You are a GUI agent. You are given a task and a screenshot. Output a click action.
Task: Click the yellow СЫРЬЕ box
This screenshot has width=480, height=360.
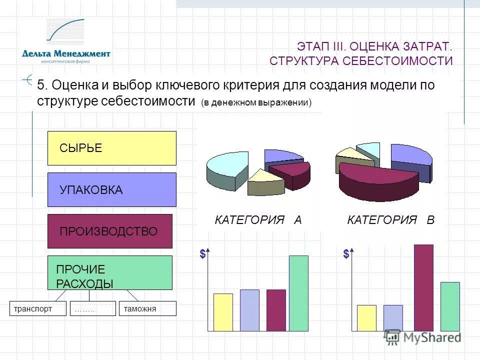[111, 148]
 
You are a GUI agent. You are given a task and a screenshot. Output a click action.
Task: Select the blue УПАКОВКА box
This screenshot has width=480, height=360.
[111, 189]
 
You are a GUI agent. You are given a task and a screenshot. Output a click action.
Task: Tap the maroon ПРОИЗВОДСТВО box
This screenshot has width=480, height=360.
[109, 231]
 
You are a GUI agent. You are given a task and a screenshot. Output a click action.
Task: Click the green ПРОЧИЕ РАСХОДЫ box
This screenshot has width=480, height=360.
[109, 272]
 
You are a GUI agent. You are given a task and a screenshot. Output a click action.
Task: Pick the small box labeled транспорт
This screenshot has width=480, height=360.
[38, 308]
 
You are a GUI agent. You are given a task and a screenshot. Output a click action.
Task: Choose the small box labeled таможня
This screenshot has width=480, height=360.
[147, 308]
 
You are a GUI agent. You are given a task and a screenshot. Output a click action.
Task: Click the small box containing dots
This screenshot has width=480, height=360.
[92, 308]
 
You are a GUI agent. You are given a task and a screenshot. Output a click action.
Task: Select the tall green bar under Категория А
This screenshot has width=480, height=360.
[298, 293]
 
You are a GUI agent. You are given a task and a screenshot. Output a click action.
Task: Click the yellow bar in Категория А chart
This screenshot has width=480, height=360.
[223, 312]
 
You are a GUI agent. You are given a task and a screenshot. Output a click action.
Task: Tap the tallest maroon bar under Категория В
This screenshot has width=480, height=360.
[423, 287]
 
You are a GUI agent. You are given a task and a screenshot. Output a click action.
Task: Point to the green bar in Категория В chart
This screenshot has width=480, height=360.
[450, 306]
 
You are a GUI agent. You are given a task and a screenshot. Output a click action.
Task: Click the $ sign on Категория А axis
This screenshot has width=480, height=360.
[202, 254]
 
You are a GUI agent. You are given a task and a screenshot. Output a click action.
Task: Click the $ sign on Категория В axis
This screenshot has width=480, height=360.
[346, 254]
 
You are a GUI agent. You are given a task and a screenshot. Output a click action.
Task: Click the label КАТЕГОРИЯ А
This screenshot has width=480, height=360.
[258, 220]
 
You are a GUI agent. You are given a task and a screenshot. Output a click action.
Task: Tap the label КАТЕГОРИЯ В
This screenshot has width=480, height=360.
[390, 220]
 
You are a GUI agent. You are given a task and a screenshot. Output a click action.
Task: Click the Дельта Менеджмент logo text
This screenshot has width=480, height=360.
[66, 53]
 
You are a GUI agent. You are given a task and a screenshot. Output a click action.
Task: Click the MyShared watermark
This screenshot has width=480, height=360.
[422, 337]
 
